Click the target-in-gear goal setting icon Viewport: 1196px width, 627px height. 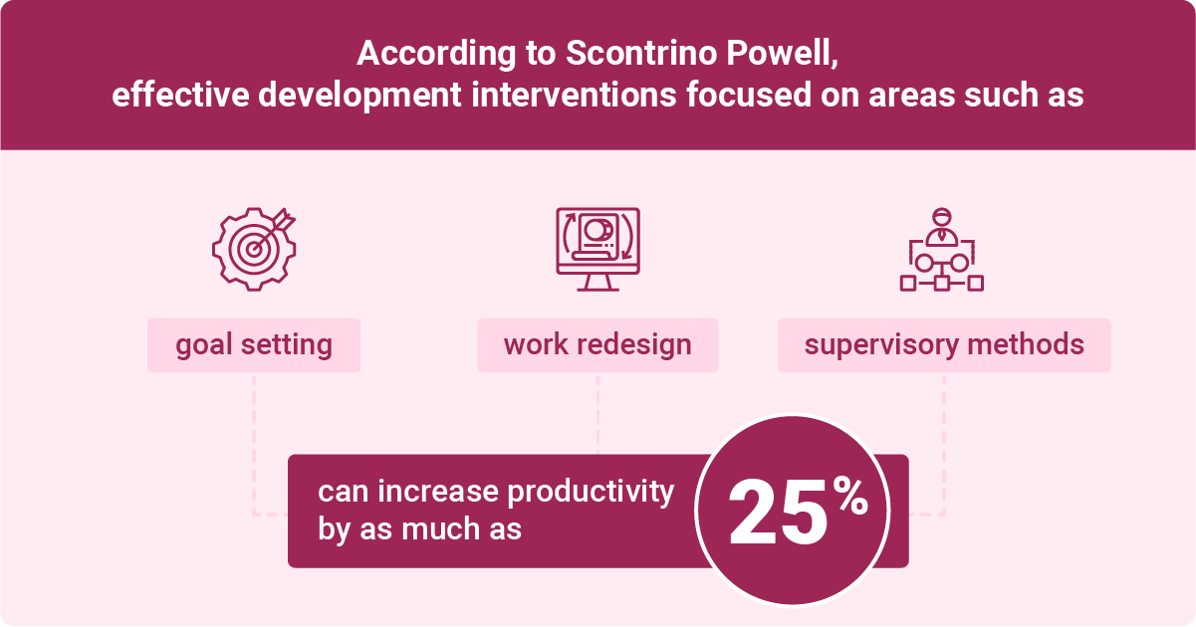254,249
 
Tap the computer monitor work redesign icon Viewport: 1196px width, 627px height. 598,249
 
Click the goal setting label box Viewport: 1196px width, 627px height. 254,345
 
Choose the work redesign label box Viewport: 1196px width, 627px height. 598,345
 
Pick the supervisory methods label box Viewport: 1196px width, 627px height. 944,345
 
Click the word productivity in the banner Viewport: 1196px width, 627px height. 592,493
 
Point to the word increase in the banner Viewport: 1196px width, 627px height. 443,493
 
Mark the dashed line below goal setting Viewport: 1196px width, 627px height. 254,438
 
